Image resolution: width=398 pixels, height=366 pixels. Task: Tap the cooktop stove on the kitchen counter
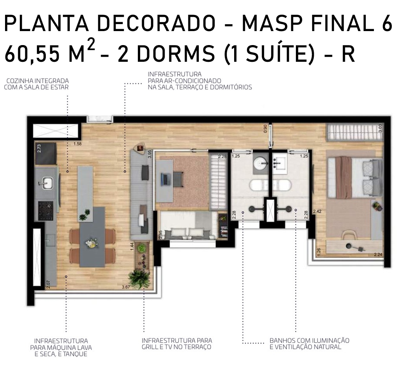click(46, 211)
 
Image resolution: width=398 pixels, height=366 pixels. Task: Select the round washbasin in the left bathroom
click(261, 162)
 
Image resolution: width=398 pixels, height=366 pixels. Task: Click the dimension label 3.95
click(149, 154)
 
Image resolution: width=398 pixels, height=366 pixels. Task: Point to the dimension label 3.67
click(126, 287)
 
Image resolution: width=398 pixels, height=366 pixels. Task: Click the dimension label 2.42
click(317, 211)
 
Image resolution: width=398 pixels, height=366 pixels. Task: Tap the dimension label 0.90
click(266, 129)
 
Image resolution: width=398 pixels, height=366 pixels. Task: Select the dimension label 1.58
click(77, 144)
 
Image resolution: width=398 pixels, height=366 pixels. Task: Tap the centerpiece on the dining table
click(90, 244)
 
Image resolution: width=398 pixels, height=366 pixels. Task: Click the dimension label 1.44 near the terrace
click(132, 247)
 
